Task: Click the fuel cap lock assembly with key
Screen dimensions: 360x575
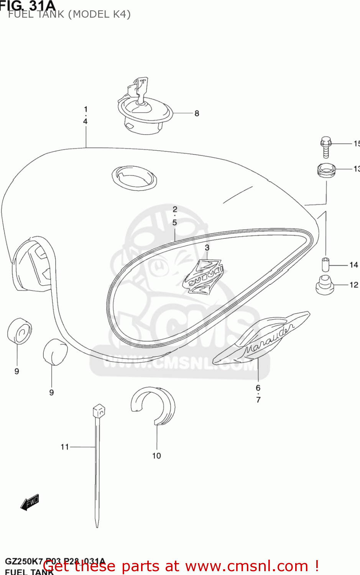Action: click(145, 109)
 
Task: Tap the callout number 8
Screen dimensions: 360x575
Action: click(197, 113)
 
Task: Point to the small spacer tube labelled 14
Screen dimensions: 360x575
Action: click(325, 264)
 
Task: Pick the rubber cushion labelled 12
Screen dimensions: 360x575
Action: click(325, 285)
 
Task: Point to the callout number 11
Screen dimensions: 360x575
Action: click(64, 447)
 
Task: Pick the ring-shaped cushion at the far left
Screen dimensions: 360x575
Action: click(19, 330)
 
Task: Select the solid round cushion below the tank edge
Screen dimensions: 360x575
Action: click(55, 352)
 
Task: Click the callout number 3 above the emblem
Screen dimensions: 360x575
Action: click(207, 248)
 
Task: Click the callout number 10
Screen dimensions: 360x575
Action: click(156, 456)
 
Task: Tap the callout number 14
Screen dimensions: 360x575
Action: click(353, 265)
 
